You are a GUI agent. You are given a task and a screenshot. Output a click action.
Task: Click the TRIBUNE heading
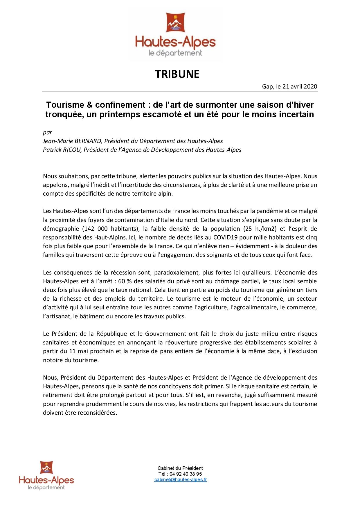point(177,74)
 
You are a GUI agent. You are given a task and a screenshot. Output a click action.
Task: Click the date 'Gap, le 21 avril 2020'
point(289,86)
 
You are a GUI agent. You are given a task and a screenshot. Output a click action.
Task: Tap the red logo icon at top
point(176,22)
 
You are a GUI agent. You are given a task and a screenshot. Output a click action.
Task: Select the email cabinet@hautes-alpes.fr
point(181,480)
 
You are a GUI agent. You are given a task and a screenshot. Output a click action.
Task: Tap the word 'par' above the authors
point(47,132)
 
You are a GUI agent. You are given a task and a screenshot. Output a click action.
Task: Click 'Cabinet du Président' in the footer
point(180,468)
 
